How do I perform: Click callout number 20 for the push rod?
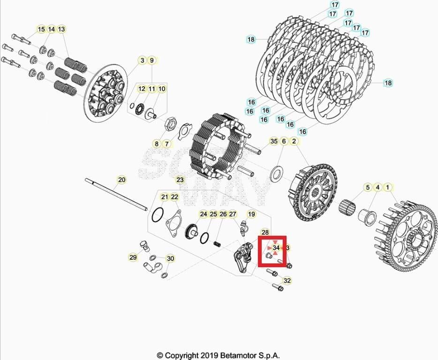pyautogui.click(x=121, y=180)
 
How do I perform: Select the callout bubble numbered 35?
pyautogui.click(x=274, y=141)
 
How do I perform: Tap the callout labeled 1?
pyautogui.click(x=387, y=187)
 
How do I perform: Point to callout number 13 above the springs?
pyautogui.click(x=61, y=30)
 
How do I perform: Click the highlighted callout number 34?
pyautogui.click(x=276, y=247)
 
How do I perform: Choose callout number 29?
pyautogui.click(x=133, y=257)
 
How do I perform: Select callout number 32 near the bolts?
pyautogui.click(x=287, y=281)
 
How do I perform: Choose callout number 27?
pyautogui.click(x=233, y=214)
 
